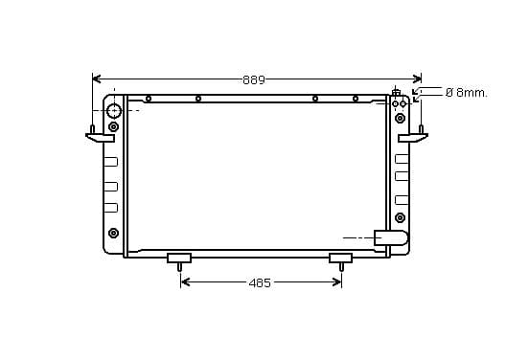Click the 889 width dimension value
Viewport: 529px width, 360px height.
click(254, 79)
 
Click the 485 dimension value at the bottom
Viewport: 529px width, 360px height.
click(260, 282)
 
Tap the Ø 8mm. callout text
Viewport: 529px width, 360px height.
click(467, 92)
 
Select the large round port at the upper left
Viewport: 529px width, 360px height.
click(114, 111)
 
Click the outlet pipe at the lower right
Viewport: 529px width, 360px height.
click(391, 237)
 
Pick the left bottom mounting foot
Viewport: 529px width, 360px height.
click(179, 259)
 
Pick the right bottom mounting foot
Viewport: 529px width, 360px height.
click(341, 259)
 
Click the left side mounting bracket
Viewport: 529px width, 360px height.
click(100, 138)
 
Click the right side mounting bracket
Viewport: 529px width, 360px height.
click(413, 137)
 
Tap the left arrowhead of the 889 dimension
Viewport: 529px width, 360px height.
click(97, 79)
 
